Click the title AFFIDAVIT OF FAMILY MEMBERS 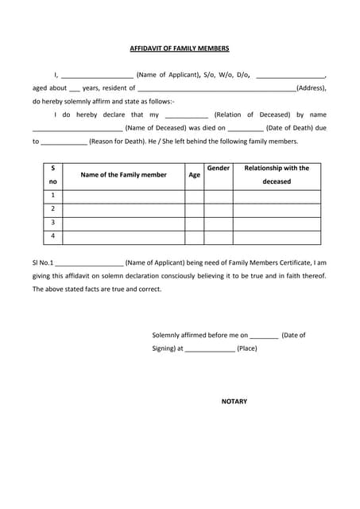click(180, 49)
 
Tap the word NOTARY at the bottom click(234, 401)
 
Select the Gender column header click(218, 169)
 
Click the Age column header click(194, 175)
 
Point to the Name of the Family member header click(123, 175)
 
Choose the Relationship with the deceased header click(277, 175)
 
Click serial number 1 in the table click(52, 196)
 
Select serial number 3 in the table click(52, 223)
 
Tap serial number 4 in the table click(52, 236)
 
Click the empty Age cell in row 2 click(194, 209)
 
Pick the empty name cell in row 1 click(123, 196)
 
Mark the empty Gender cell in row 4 click(218, 236)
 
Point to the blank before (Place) click(210, 349)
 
